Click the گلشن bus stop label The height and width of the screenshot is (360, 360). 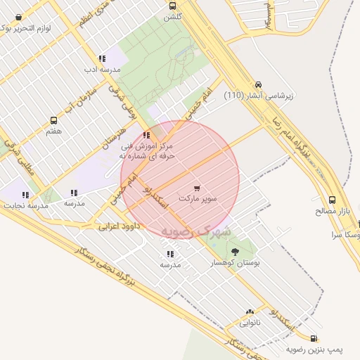(x=173, y=15)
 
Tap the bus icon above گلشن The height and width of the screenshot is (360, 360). (x=173, y=5)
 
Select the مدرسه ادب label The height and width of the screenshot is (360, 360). (x=103, y=70)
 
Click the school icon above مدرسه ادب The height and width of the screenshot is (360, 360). (x=103, y=59)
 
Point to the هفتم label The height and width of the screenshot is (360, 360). (x=53, y=131)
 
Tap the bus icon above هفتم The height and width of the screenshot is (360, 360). (x=53, y=120)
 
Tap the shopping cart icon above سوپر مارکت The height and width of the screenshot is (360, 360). (x=197, y=188)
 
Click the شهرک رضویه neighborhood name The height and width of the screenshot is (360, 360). (x=186, y=230)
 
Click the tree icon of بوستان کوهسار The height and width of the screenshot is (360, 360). (x=235, y=251)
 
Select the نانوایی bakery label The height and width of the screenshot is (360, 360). (x=250, y=323)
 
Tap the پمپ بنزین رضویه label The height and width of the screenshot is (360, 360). (x=314, y=349)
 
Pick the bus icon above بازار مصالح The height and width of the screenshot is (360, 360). (x=333, y=200)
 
